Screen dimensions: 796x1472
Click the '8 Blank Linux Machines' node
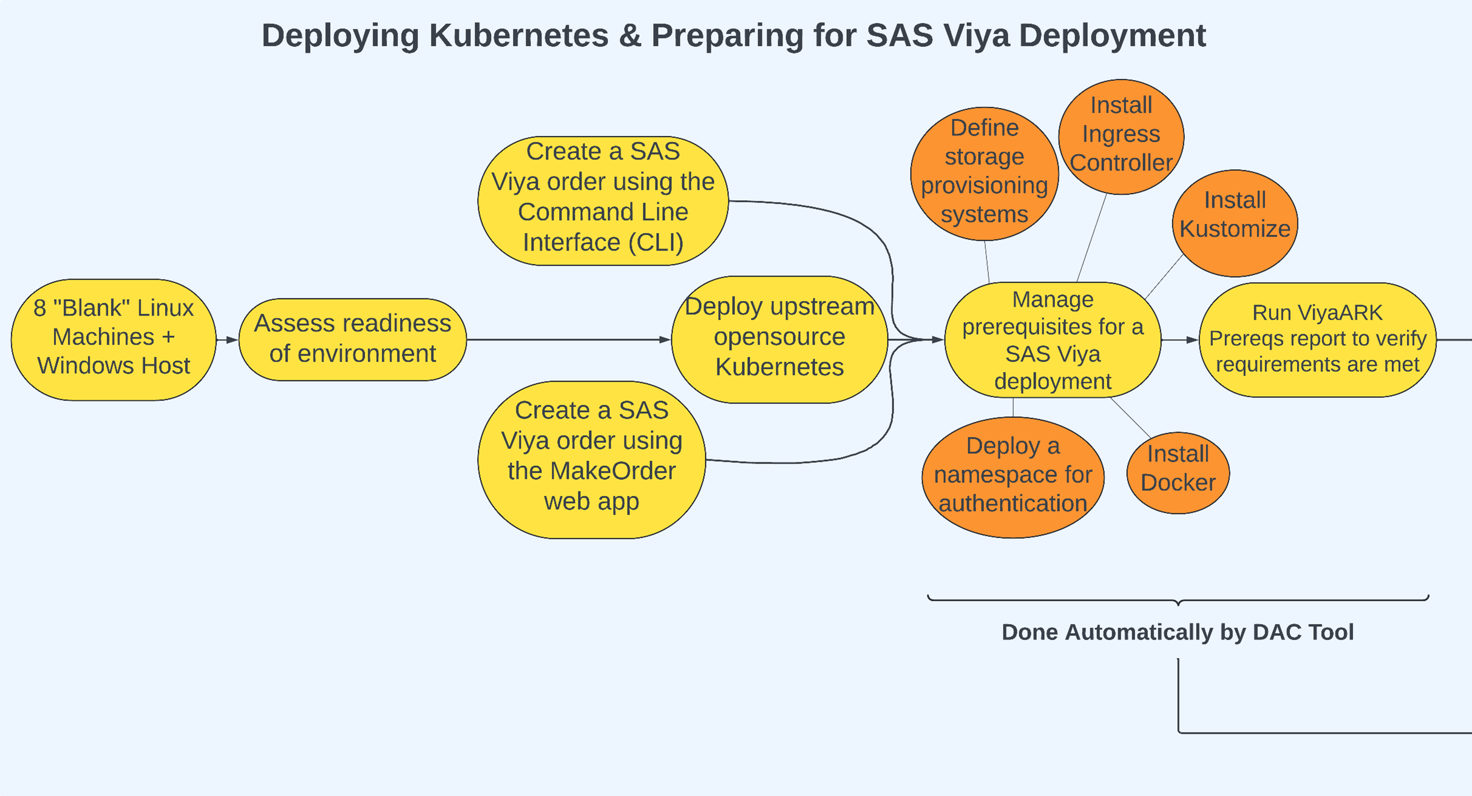114,339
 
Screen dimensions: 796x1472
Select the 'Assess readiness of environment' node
353,339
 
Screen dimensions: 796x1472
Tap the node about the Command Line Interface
603,200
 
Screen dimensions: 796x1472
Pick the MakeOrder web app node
592,459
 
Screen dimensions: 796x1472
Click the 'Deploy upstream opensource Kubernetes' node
779,339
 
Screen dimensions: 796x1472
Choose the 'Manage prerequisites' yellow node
1053,340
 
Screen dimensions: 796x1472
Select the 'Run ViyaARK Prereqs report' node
1317,339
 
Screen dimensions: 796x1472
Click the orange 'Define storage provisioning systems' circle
984,172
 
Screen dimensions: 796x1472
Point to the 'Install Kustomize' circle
1235,222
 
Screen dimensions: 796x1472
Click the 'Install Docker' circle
1178,472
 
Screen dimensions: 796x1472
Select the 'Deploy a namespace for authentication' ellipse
1012,477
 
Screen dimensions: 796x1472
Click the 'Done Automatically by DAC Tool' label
1177,632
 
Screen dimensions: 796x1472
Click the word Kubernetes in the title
518,35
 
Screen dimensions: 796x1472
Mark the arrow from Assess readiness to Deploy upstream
568,340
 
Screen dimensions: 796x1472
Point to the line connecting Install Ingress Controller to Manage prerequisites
1091,238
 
